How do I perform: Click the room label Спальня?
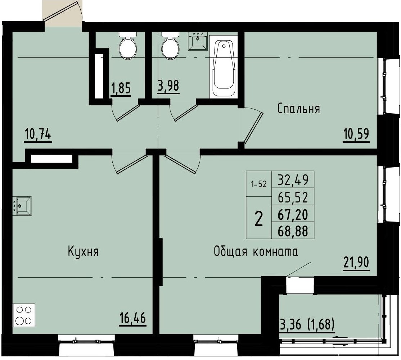(x=298, y=109)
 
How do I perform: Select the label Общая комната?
(x=256, y=252)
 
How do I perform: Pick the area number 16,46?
(x=133, y=318)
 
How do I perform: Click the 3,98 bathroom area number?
(x=168, y=86)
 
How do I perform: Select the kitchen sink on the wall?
(x=22, y=206)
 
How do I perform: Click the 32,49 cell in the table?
(x=293, y=179)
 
